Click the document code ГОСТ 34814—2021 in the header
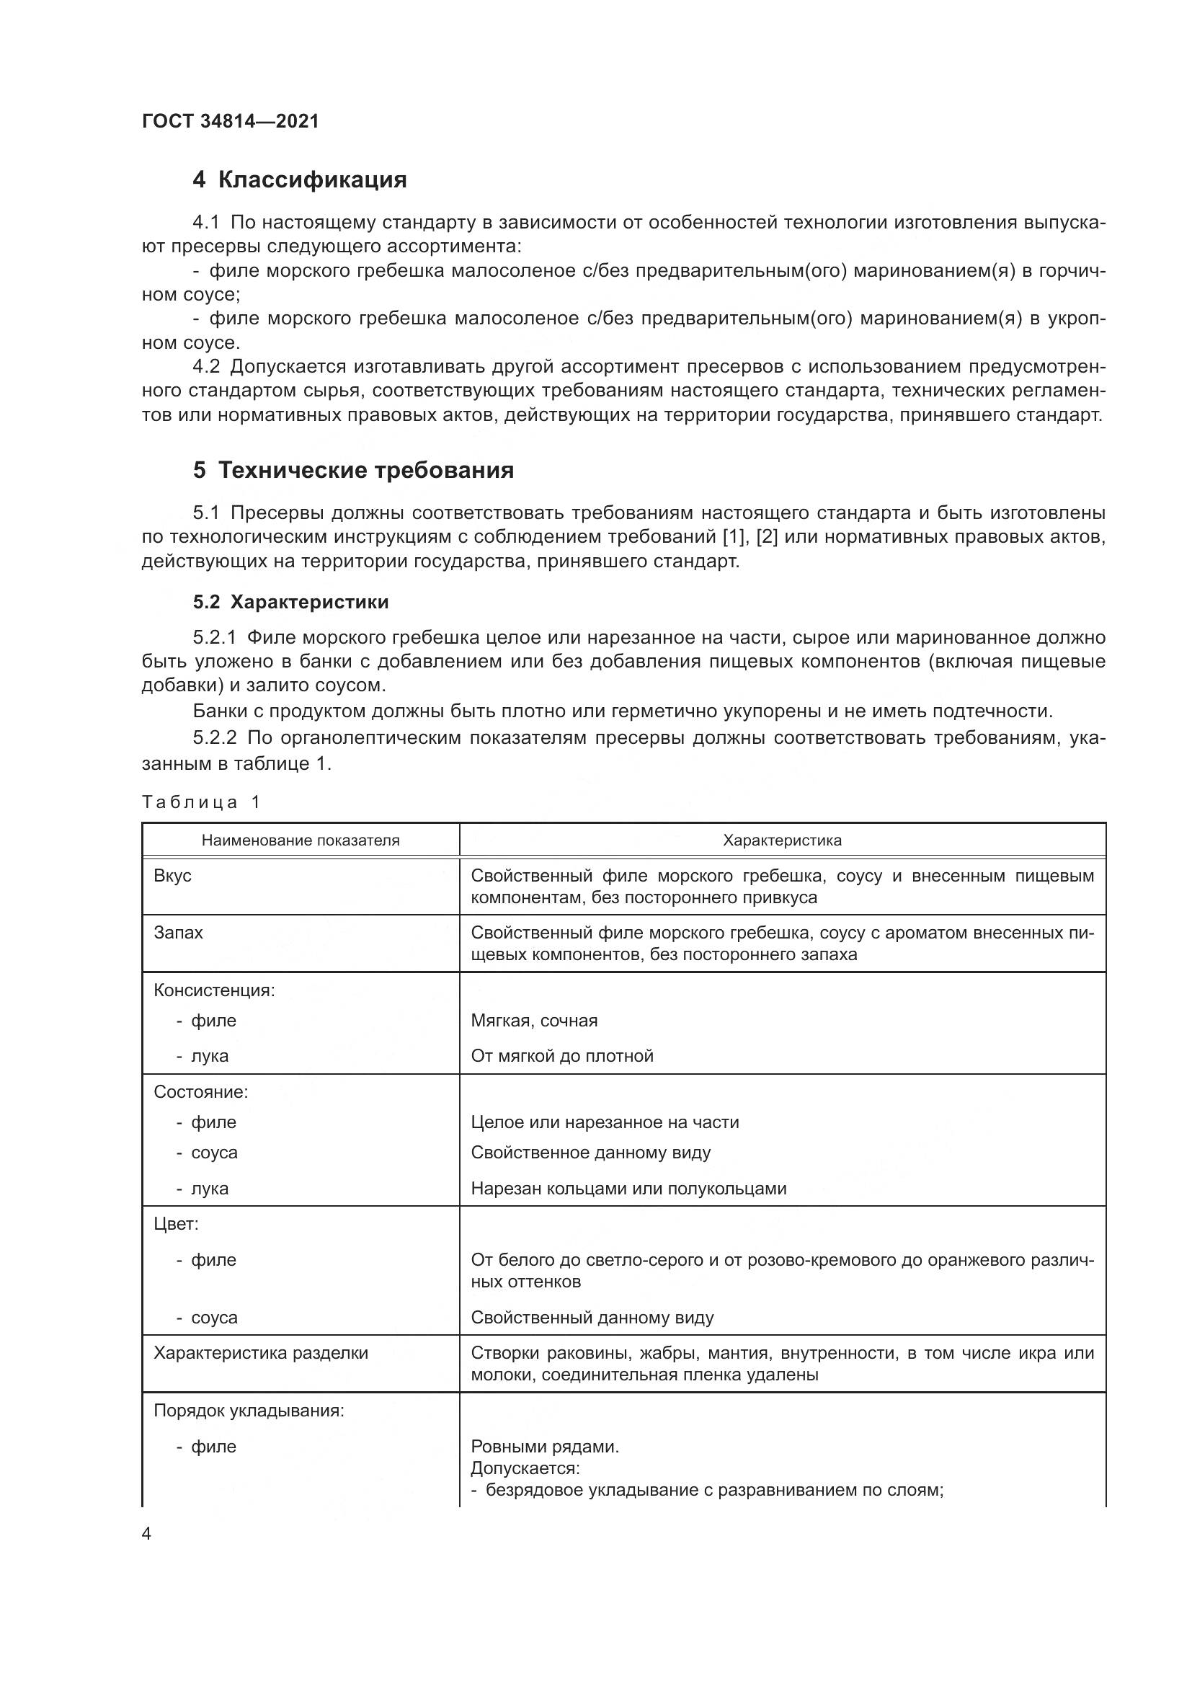tap(231, 121)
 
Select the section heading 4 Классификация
tap(300, 179)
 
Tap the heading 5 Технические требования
tap(353, 470)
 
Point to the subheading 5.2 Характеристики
tap(290, 602)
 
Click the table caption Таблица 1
tap(201, 802)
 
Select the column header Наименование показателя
tap(301, 840)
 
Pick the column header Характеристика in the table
tap(782, 840)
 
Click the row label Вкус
tap(172, 876)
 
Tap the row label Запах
tap(178, 933)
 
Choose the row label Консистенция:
tap(214, 990)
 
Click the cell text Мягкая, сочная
tap(534, 1020)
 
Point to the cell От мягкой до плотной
tap(562, 1056)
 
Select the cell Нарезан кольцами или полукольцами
tap(628, 1188)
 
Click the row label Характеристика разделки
tap(261, 1352)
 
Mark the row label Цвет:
tap(176, 1224)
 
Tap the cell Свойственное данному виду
tap(591, 1152)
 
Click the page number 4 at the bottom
tap(147, 1534)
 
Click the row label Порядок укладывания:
tap(249, 1411)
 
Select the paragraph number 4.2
tap(206, 366)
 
